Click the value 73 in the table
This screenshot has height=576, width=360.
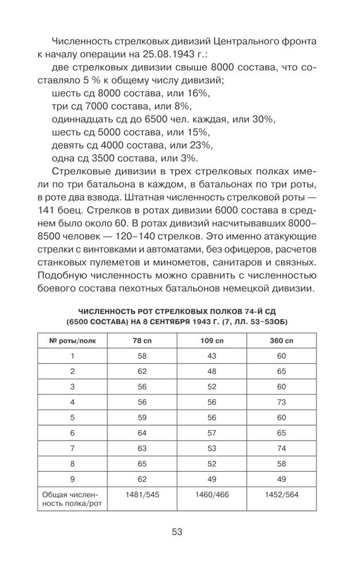point(281,401)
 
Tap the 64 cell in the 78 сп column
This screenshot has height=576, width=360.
point(143,431)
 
